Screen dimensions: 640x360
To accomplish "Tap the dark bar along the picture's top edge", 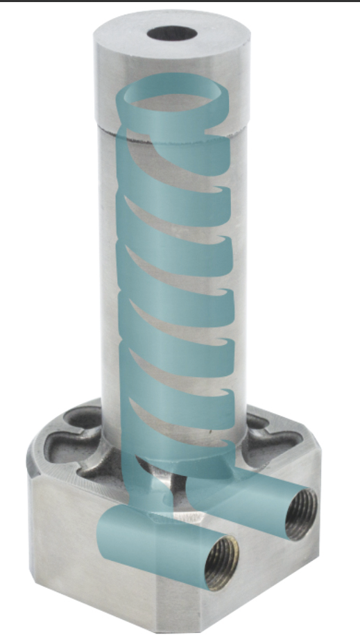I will (x=180, y=2).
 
